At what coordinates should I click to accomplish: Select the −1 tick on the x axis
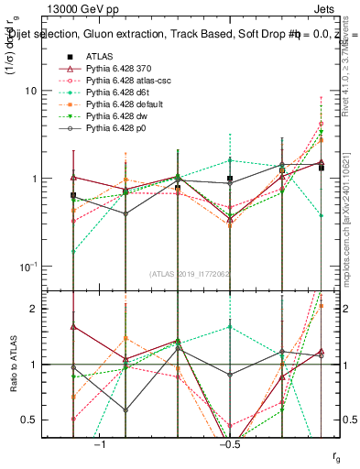pyautogui.click(x=100, y=445)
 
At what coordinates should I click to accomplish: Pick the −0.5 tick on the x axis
pyautogui.click(x=229, y=445)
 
